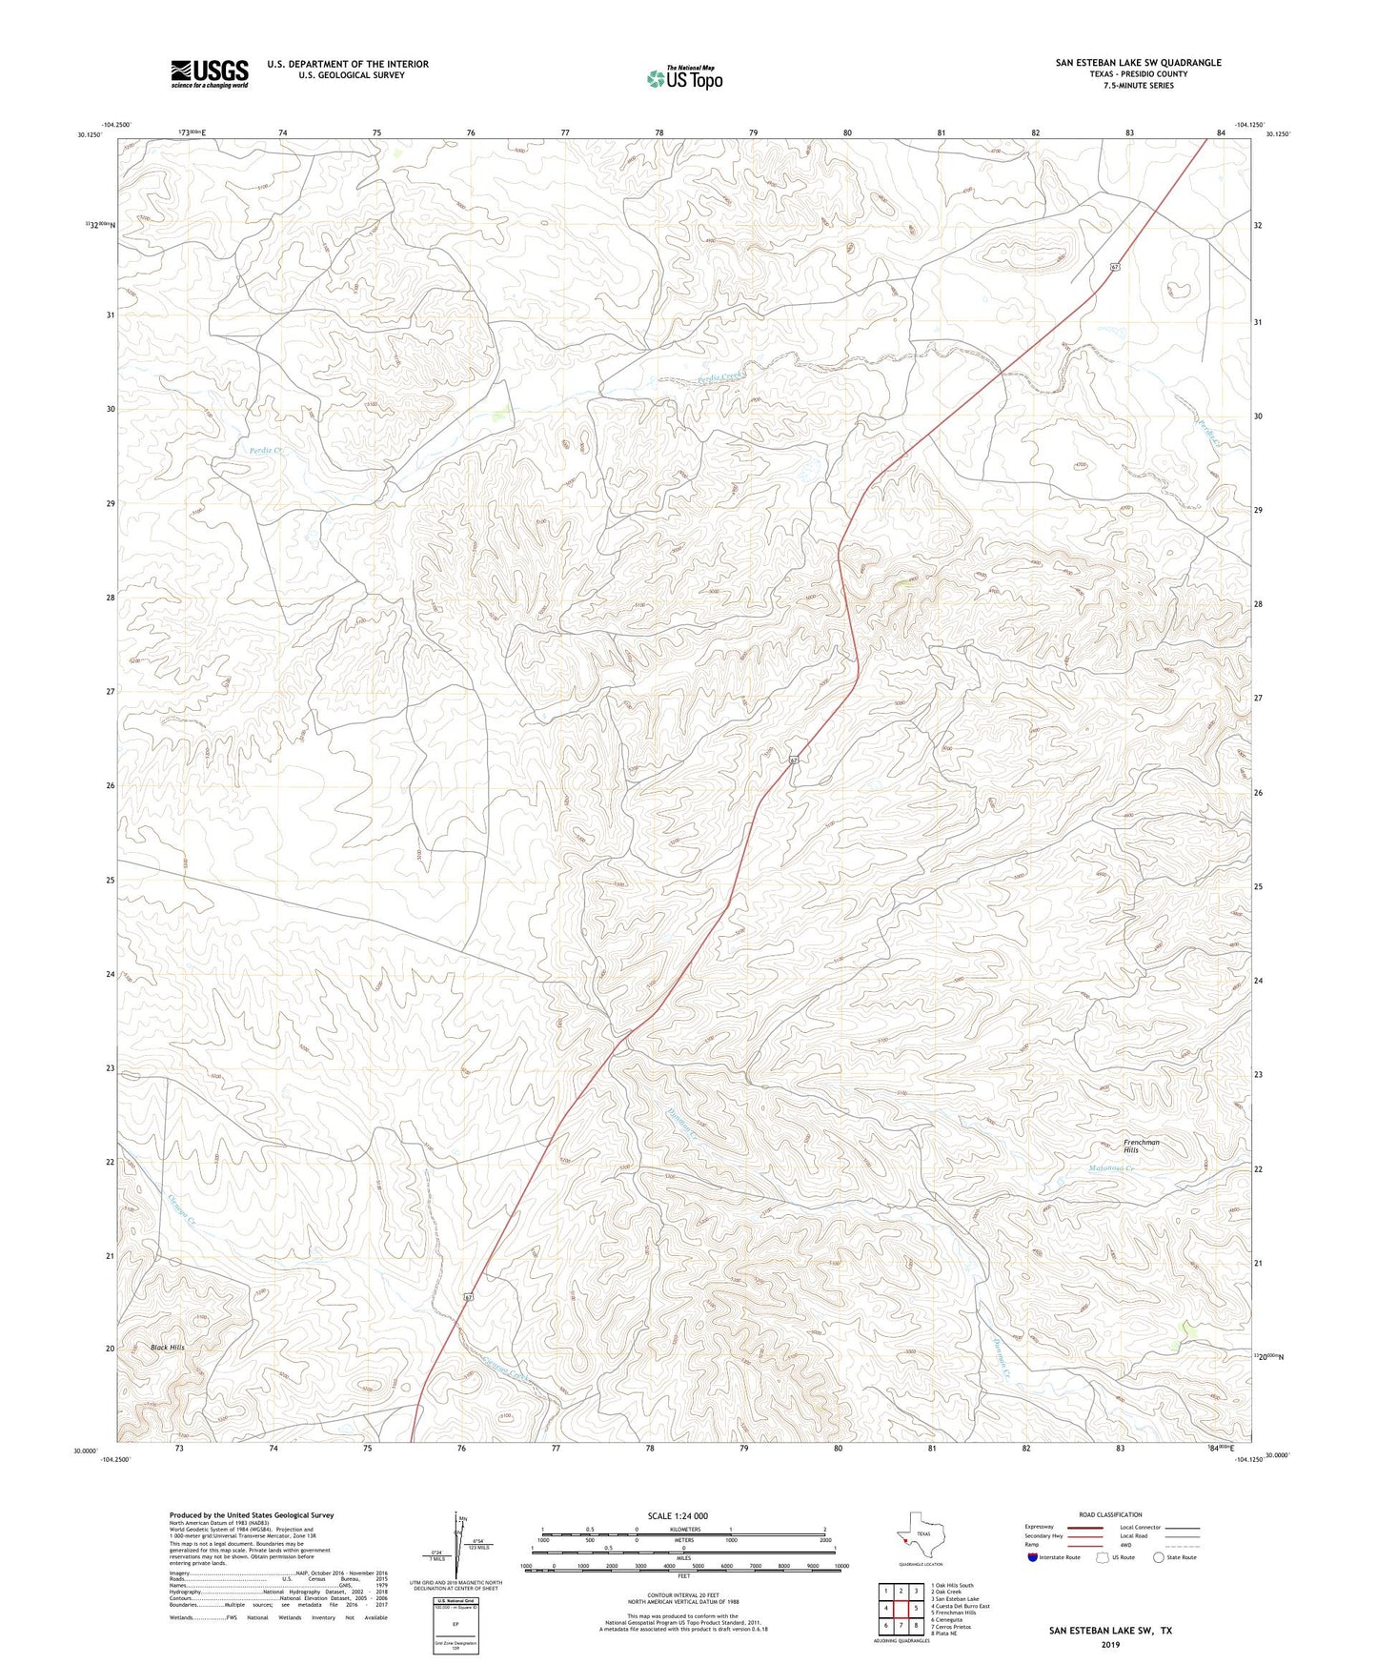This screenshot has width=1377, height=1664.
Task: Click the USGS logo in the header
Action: coord(209,73)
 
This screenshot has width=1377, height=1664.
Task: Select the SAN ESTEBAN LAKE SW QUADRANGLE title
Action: coord(1138,63)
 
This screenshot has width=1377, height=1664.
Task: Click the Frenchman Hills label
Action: coord(1141,1146)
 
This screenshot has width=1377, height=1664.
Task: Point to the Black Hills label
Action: coord(168,1348)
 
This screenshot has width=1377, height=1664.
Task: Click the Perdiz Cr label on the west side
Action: coord(266,448)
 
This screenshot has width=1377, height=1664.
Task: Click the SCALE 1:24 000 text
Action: coord(678,1515)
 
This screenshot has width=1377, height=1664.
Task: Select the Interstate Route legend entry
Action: coord(1053,1557)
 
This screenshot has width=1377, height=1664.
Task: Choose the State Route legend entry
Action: coord(1174,1557)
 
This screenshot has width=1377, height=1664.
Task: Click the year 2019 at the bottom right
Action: coord(1110,1644)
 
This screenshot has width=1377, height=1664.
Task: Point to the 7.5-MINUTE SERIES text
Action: coord(1139,86)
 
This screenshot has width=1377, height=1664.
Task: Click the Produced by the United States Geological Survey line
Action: coord(252,1514)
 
